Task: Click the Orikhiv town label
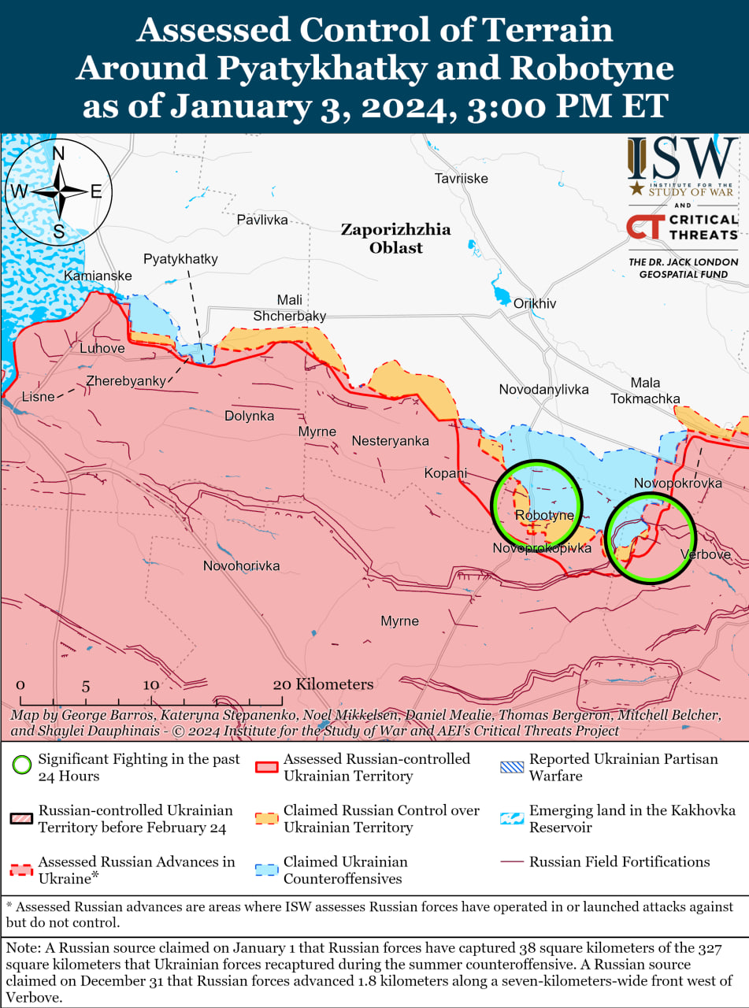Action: tap(535, 303)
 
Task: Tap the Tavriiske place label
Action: tap(461, 179)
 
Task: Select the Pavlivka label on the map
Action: tap(262, 220)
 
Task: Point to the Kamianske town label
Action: tap(98, 276)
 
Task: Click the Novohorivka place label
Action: tap(241, 565)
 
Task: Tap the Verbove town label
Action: tap(705, 554)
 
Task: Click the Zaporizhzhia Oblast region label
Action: tap(395, 239)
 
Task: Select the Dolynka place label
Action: tap(249, 415)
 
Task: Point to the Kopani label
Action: tap(446, 473)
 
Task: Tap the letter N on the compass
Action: tap(58, 154)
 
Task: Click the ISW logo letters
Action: tap(683, 160)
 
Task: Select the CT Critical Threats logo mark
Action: tap(644, 227)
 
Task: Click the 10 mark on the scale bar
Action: tap(151, 684)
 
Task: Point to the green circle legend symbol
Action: tap(22, 765)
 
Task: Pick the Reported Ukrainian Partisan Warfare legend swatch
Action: tap(512, 765)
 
